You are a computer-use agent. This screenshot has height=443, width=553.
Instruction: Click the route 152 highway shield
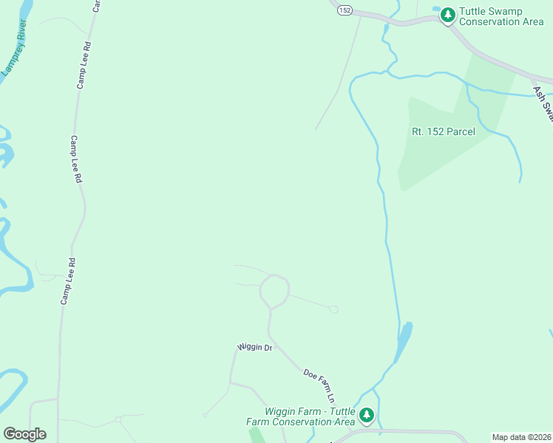pyautogui.click(x=345, y=10)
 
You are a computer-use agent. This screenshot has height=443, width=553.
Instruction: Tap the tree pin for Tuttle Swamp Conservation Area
pyautogui.click(x=447, y=15)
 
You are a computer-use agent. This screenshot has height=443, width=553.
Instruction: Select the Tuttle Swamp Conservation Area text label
pyautogui.click(x=501, y=16)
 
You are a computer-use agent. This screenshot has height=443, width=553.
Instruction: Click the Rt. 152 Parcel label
pyautogui.click(x=443, y=131)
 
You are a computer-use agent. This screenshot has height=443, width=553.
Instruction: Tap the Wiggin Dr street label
pyautogui.click(x=255, y=346)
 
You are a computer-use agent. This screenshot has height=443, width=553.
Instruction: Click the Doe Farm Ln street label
pyautogui.click(x=320, y=385)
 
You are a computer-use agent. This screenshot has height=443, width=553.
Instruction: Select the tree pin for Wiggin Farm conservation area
pyautogui.click(x=367, y=416)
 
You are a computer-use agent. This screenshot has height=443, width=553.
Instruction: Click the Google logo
pyautogui.click(x=24, y=433)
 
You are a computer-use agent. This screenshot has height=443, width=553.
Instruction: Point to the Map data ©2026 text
pyautogui.click(x=522, y=437)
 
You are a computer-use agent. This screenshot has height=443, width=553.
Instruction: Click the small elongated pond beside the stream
pyautogui.click(x=404, y=340)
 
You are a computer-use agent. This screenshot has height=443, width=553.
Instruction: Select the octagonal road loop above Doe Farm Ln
pyautogui.click(x=274, y=291)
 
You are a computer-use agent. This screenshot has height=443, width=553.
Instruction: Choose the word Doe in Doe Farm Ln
pyautogui.click(x=311, y=375)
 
